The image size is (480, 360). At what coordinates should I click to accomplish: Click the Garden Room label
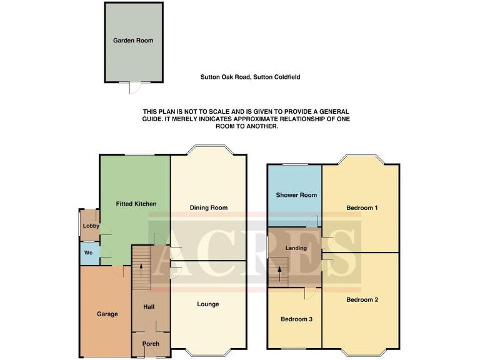tap(133, 41)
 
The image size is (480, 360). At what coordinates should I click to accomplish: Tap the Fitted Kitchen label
tap(136, 204)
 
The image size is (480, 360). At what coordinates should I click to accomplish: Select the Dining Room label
tap(208, 207)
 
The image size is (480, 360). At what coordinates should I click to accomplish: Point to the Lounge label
tap(208, 304)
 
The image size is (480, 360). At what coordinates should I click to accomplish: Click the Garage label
tap(107, 314)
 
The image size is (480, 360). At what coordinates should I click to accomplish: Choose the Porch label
tap(151, 344)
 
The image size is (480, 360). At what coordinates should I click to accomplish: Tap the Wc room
tap(89, 254)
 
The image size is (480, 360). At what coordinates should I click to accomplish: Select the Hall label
tap(149, 307)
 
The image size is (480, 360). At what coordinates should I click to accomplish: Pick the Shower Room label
tap(296, 195)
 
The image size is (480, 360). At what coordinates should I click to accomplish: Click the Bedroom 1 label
tap(362, 207)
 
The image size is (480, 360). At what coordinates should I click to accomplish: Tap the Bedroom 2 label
tap(362, 299)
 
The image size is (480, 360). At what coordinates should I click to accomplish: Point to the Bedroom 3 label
tap(296, 319)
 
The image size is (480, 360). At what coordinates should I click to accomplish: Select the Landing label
tap(296, 248)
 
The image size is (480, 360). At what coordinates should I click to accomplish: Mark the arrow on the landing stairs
tap(279, 272)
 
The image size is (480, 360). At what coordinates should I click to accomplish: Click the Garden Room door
tap(132, 87)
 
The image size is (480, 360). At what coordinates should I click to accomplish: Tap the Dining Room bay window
tap(208, 150)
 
